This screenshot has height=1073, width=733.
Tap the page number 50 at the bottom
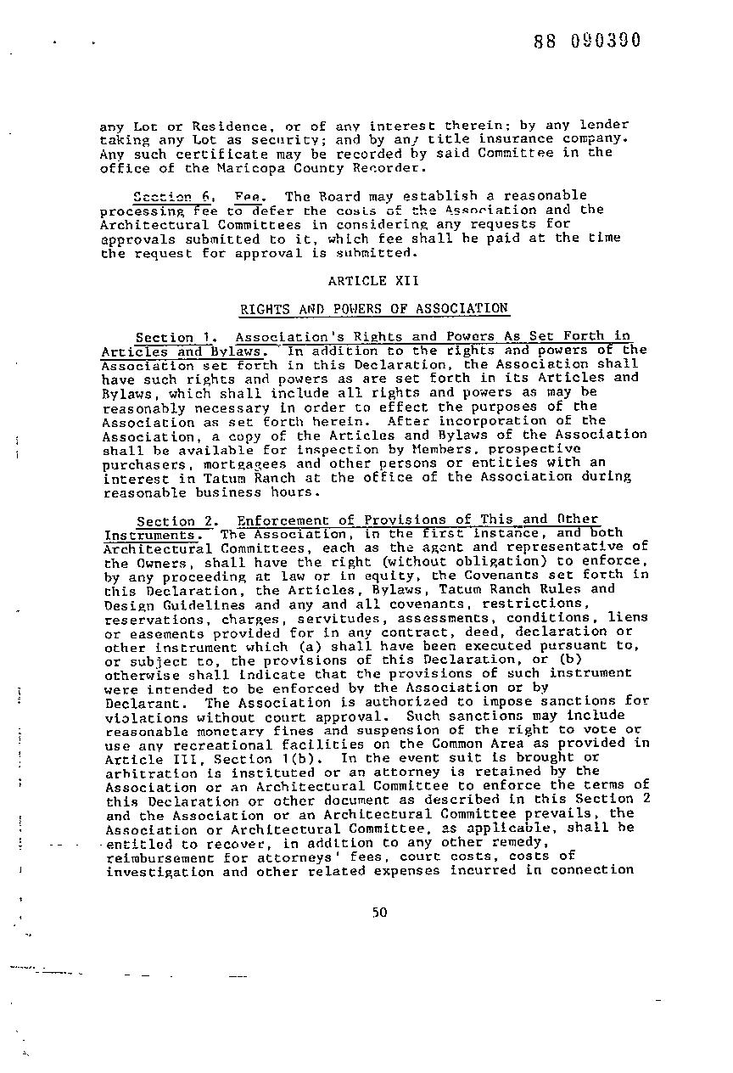click(x=378, y=913)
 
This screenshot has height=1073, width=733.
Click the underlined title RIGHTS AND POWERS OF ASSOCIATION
click(x=373, y=308)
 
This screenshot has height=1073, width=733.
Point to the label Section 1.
click(x=177, y=337)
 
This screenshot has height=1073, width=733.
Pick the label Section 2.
click(x=177, y=520)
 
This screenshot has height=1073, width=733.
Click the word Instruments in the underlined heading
click(x=150, y=535)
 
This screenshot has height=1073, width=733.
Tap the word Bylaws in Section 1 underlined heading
click(x=236, y=351)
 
